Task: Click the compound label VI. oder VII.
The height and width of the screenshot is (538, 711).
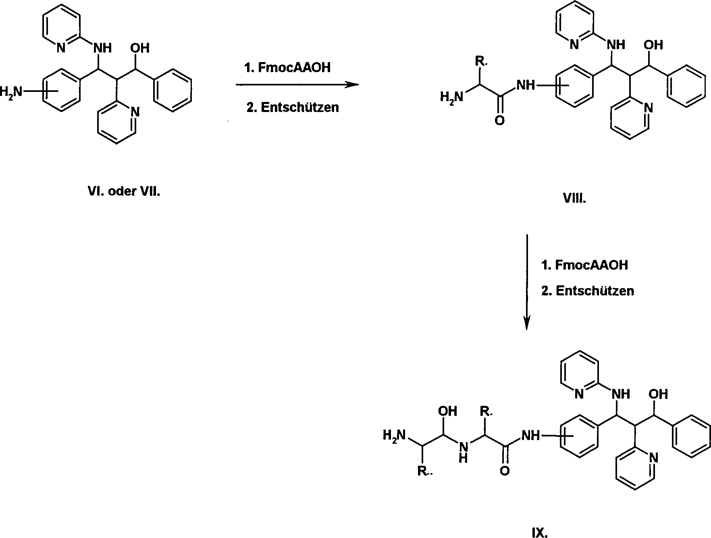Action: (124, 191)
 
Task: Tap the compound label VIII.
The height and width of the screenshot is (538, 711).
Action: (574, 199)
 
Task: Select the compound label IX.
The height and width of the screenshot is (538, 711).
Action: (540, 533)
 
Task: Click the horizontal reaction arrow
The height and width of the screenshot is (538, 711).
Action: (297, 84)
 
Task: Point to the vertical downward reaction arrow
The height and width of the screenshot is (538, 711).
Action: (526, 282)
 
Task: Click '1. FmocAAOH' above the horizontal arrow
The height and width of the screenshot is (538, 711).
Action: (287, 67)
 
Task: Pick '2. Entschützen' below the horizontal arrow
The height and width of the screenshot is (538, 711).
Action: (293, 107)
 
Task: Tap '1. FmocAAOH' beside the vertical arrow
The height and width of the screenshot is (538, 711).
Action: (584, 265)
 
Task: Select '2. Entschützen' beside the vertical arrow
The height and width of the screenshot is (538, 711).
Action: (588, 291)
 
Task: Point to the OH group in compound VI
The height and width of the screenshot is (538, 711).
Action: (139, 48)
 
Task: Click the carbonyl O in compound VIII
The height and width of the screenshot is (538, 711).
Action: (499, 120)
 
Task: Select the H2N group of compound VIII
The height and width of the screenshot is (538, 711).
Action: (451, 97)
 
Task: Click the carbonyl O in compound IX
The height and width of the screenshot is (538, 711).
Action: (505, 470)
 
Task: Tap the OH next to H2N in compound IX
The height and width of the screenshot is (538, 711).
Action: (448, 411)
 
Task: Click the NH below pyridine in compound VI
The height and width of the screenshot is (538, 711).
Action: (102, 48)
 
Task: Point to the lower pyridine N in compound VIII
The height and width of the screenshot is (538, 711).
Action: (648, 108)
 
